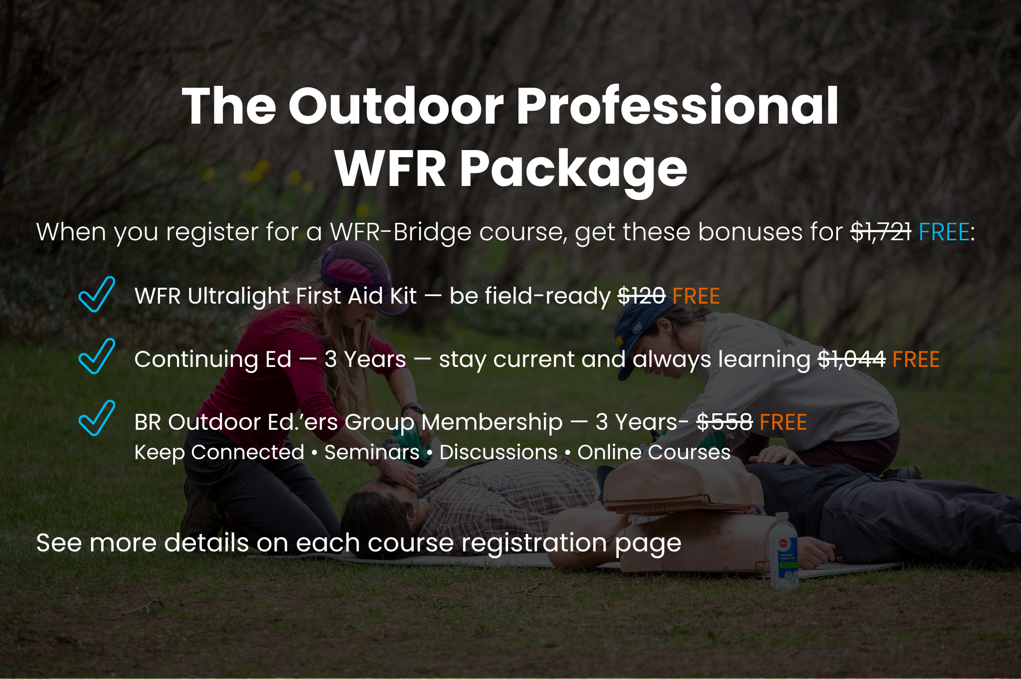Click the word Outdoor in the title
(396, 106)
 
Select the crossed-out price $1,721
(881, 232)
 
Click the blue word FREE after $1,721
(944, 232)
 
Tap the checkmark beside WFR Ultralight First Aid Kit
(97, 294)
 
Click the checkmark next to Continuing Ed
(97, 356)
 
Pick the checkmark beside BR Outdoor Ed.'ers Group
(97, 418)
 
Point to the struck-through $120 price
(642, 296)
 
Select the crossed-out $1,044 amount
(852, 359)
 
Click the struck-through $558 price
(724, 422)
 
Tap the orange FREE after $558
(783, 422)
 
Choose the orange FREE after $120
(696, 296)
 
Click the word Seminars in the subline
(372, 453)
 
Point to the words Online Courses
(654, 453)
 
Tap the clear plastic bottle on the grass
(783, 551)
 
